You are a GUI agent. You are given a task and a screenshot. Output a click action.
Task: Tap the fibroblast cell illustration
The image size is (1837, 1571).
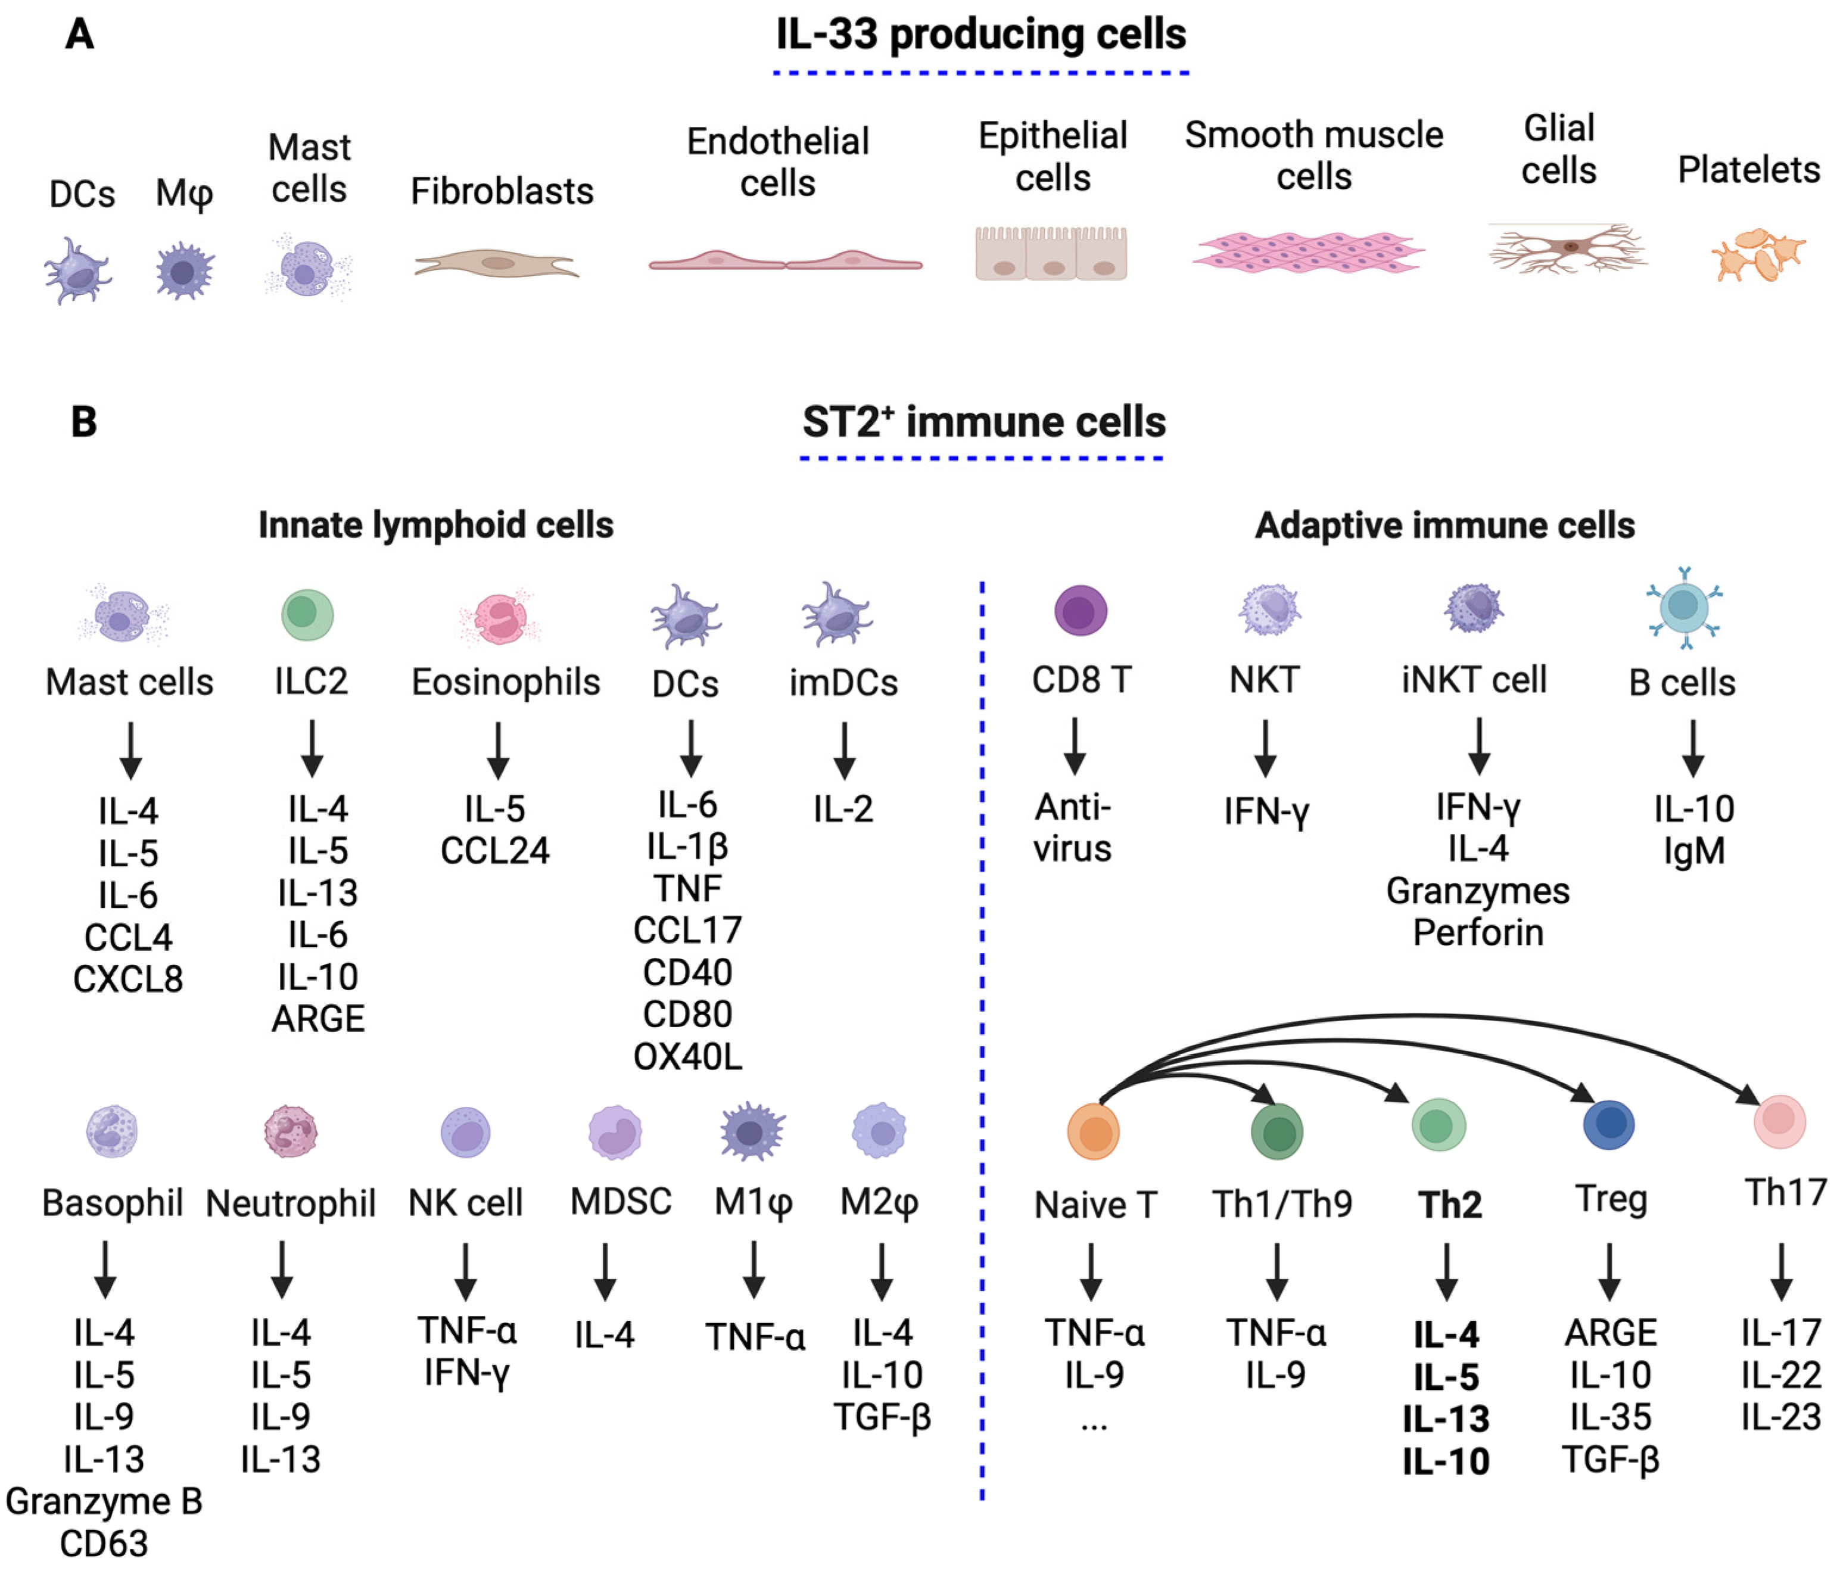click(x=497, y=263)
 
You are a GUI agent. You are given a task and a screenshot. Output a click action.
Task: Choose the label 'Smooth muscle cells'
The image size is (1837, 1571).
click(x=1314, y=155)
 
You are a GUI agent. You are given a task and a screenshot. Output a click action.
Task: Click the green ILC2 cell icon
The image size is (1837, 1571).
click(x=307, y=614)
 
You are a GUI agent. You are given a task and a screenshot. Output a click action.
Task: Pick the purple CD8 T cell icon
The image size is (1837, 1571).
click(x=1080, y=611)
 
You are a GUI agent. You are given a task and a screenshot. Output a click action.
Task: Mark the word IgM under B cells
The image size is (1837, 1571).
click(x=1693, y=851)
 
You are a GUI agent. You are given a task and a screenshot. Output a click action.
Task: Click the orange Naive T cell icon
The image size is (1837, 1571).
click(x=1094, y=1132)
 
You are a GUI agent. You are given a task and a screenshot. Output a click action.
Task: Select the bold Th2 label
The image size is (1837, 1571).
click(x=1450, y=1204)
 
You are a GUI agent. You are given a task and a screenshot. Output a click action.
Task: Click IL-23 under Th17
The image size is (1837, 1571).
click(x=1780, y=1417)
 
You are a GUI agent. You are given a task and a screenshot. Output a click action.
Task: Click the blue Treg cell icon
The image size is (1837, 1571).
click(x=1608, y=1124)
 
